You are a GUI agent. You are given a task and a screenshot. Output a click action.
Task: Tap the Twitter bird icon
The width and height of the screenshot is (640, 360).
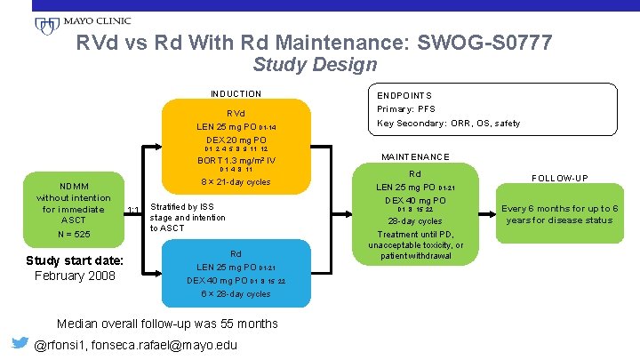point(17,344)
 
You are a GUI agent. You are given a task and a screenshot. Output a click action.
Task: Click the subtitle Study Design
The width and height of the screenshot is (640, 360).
point(315,65)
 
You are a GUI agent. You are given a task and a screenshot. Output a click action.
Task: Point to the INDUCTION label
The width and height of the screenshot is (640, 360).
point(236,94)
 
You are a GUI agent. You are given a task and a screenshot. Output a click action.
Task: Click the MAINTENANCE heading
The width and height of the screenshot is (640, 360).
point(415,157)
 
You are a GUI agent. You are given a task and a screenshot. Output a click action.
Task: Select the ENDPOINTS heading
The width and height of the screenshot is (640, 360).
point(404,95)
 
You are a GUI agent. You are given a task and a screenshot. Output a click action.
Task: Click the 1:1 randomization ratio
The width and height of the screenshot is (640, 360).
point(134,210)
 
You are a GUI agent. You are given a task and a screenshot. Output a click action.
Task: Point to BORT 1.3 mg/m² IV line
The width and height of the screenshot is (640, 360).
point(236,161)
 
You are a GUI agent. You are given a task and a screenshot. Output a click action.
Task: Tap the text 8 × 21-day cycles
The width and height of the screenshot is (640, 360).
point(236,182)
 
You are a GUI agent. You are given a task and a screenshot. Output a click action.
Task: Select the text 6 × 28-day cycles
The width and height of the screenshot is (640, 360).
point(236,294)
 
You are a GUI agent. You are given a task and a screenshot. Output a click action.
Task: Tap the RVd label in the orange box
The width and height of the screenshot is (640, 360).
point(236,114)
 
